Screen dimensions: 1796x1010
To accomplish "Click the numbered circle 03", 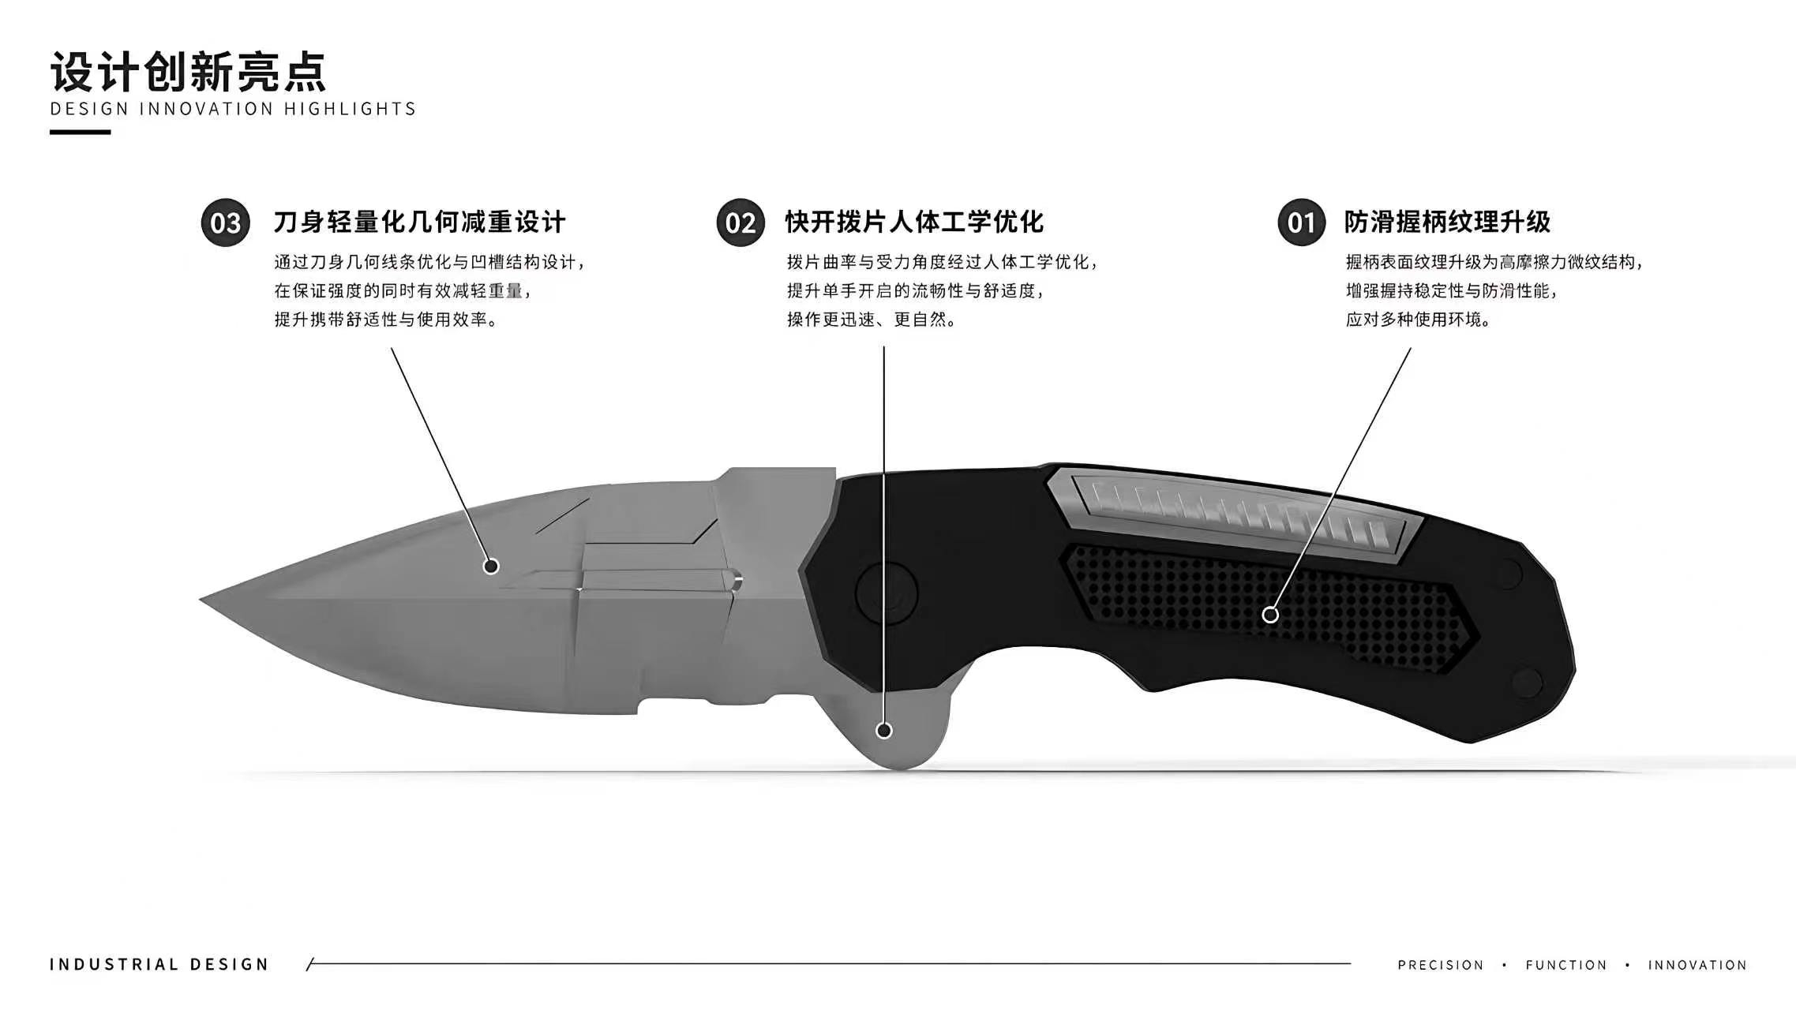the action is (x=226, y=223).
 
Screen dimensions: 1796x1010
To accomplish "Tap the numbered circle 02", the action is (x=741, y=223).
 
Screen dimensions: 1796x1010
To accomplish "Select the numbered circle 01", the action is (x=1302, y=223).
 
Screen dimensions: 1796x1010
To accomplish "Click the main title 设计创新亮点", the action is (x=189, y=73).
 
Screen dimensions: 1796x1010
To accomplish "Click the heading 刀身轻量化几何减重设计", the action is (x=420, y=223).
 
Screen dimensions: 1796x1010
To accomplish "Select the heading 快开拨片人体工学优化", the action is (x=914, y=223).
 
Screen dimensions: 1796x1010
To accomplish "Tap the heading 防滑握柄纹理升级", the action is (x=1448, y=223).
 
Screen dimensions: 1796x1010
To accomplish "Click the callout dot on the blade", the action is (x=491, y=566).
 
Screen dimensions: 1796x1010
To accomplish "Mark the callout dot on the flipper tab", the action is (x=884, y=731).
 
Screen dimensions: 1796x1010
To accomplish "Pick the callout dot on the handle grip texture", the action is (x=1270, y=615).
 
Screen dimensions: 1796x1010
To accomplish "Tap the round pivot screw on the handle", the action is (x=887, y=593).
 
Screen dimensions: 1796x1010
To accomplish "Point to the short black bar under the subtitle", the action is (x=80, y=132).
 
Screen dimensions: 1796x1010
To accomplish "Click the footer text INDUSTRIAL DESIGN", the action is (x=159, y=964).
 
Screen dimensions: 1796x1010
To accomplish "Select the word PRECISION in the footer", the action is (x=1441, y=965).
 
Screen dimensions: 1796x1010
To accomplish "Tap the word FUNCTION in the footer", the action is (x=1566, y=965).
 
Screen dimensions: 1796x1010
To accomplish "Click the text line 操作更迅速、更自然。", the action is (x=872, y=320).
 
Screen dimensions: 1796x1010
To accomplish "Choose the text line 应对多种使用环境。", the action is (x=1419, y=320).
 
